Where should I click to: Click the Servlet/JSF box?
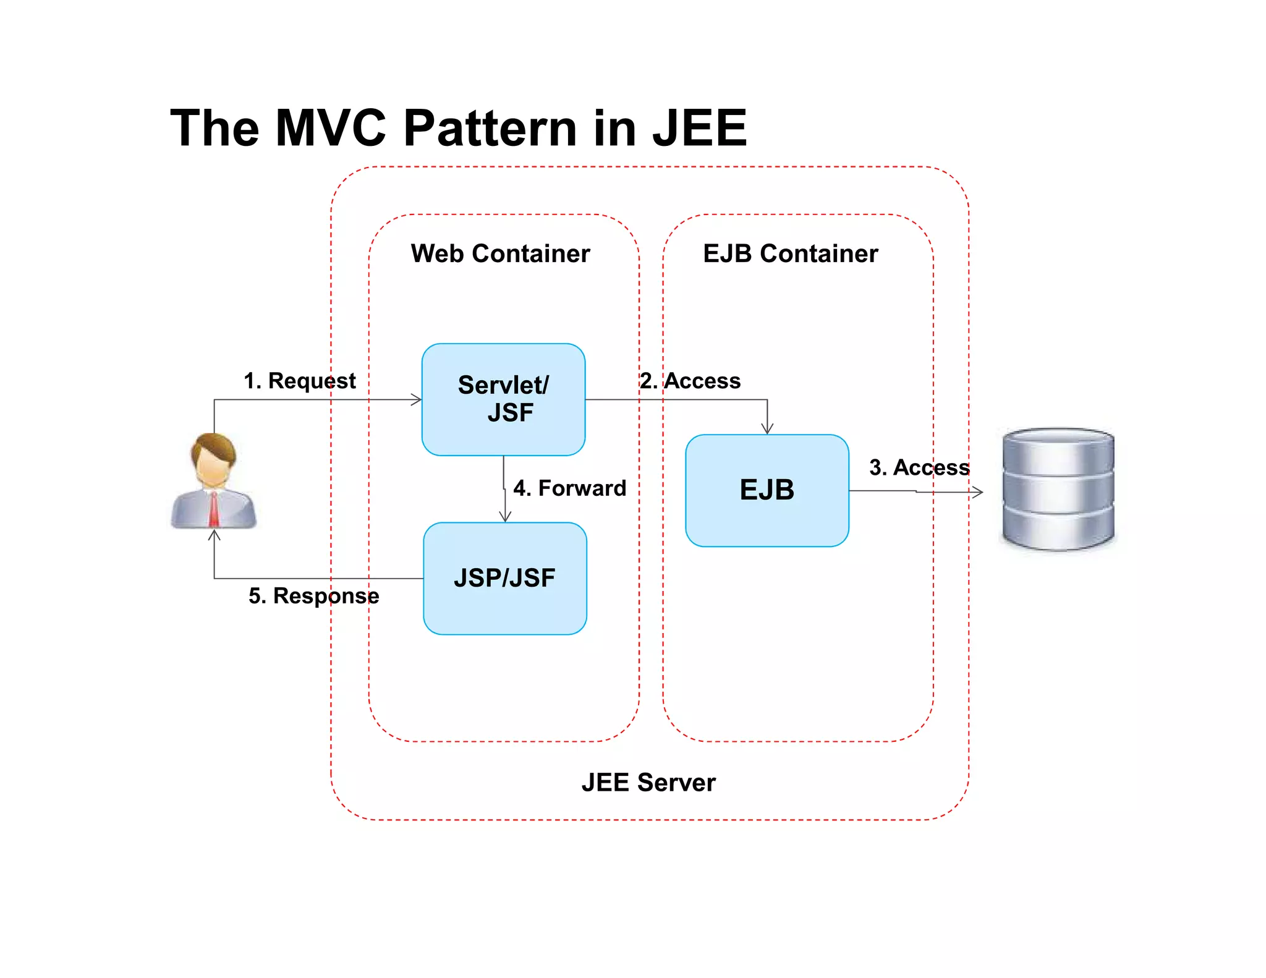click(x=503, y=399)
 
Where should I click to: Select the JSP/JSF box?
click(x=504, y=578)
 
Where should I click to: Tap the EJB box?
click(x=767, y=490)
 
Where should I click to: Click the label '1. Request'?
click(x=300, y=381)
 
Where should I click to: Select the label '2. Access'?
click(x=690, y=381)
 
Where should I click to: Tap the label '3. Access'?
click(x=919, y=467)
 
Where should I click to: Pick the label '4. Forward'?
click(x=569, y=488)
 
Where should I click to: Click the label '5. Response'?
click(x=314, y=595)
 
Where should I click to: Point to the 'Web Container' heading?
click(x=500, y=253)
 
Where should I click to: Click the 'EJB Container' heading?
click(x=790, y=253)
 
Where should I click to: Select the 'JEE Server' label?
click(x=648, y=782)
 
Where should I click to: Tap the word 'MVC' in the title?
click(x=331, y=128)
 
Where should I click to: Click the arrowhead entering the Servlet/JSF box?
click(x=417, y=399)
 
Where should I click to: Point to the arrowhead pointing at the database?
click(x=978, y=492)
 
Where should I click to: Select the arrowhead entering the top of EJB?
click(x=767, y=429)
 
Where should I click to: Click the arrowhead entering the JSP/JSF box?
click(x=505, y=517)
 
